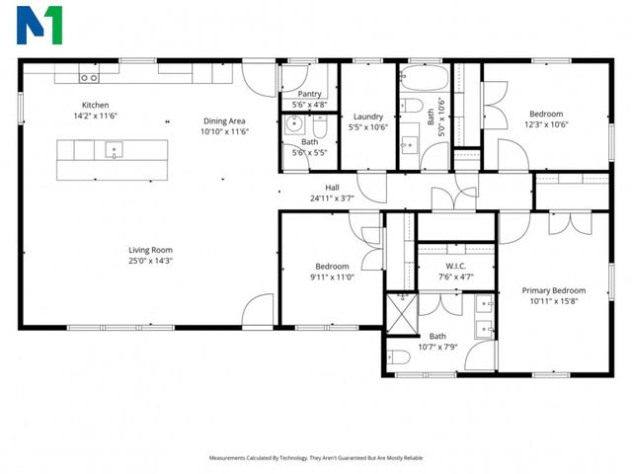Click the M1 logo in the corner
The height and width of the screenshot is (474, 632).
[x=39, y=25]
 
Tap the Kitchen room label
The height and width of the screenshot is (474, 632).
[x=95, y=105]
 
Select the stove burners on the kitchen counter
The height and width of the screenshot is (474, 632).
[x=89, y=77]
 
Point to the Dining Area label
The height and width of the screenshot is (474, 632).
[x=224, y=120]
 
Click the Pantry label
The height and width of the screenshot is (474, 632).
[x=309, y=94]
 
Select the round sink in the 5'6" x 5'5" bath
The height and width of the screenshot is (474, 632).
[x=292, y=124]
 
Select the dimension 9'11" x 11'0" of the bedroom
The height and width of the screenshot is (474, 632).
[x=332, y=277]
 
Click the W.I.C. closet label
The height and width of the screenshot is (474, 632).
[x=455, y=266]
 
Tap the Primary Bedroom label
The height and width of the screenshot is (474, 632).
[x=553, y=290]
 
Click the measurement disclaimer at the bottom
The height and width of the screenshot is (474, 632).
[x=316, y=458]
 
